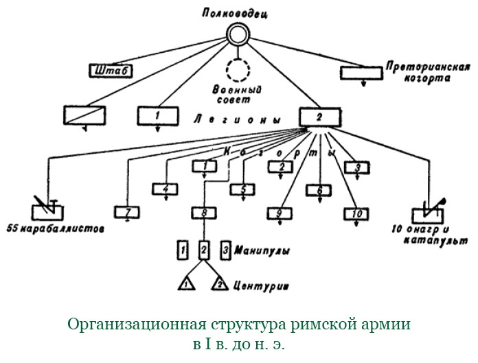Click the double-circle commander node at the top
click(238, 32)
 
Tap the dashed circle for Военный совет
click(238, 70)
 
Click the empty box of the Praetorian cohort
click(363, 71)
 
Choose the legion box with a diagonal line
click(85, 115)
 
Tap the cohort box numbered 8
click(204, 213)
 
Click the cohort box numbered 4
click(165, 188)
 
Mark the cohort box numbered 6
click(319, 189)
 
